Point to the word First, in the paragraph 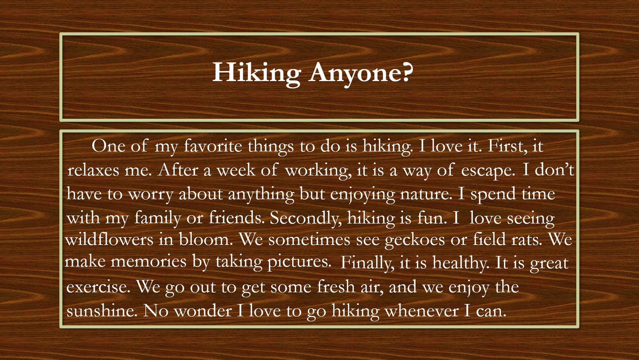tap(508, 147)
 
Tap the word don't tap(554, 170)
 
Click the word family tap(157, 219)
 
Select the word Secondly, tap(306, 219)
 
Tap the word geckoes tap(415, 240)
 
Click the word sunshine tap(102, 310)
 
